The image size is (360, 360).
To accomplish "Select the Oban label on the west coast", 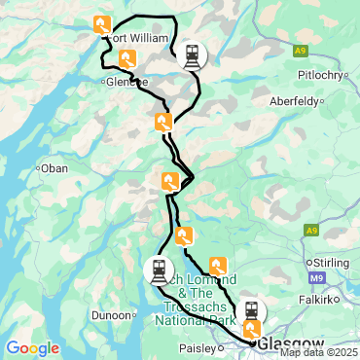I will point(54,167).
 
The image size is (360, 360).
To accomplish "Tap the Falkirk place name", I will point(317,300).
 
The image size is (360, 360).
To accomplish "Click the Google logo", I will point(32,347).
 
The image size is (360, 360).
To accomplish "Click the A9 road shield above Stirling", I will point(310,231).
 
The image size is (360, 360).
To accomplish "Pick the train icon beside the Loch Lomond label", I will point(159,270).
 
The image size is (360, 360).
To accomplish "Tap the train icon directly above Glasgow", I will point(251,311).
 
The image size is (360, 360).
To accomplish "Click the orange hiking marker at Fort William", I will point(101,24).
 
